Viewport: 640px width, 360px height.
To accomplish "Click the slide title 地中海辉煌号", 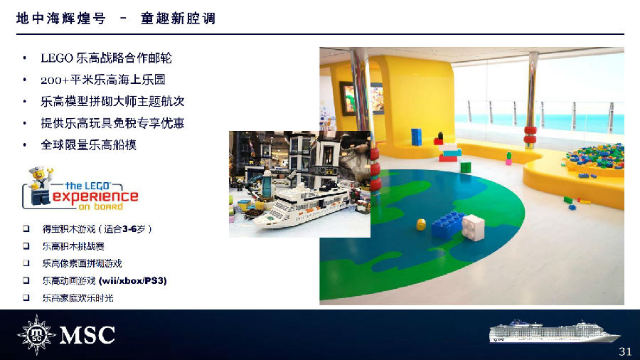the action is click(61, 18).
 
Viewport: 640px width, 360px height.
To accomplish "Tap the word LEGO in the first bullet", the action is click(57, 58).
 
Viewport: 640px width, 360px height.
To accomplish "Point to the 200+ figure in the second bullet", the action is click(55, 80).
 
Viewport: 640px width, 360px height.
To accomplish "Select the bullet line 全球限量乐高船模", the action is click(89, 145).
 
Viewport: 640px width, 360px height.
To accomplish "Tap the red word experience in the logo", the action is click(95, 197).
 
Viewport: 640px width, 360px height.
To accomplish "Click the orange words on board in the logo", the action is click(100, 206).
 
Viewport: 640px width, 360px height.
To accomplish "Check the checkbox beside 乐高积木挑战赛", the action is click(26, 246).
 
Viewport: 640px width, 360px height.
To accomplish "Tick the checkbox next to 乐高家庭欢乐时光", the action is click(26, 297).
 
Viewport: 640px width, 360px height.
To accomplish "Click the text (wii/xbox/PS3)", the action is click(133, 280).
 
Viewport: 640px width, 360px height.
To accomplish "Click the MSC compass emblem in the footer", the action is click(36, 334).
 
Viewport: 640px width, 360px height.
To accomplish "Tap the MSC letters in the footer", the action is click(87, 335).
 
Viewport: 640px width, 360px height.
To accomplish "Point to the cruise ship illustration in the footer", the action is click(554, 332).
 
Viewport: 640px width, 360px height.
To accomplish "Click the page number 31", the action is click(625, 351).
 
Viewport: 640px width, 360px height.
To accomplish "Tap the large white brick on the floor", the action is click(473, 227).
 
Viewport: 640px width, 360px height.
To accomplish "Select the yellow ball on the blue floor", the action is click(421, 224).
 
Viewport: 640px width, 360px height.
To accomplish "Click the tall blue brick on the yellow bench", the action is click(416, 137).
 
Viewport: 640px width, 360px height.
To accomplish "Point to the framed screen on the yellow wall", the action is click(362, 98).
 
